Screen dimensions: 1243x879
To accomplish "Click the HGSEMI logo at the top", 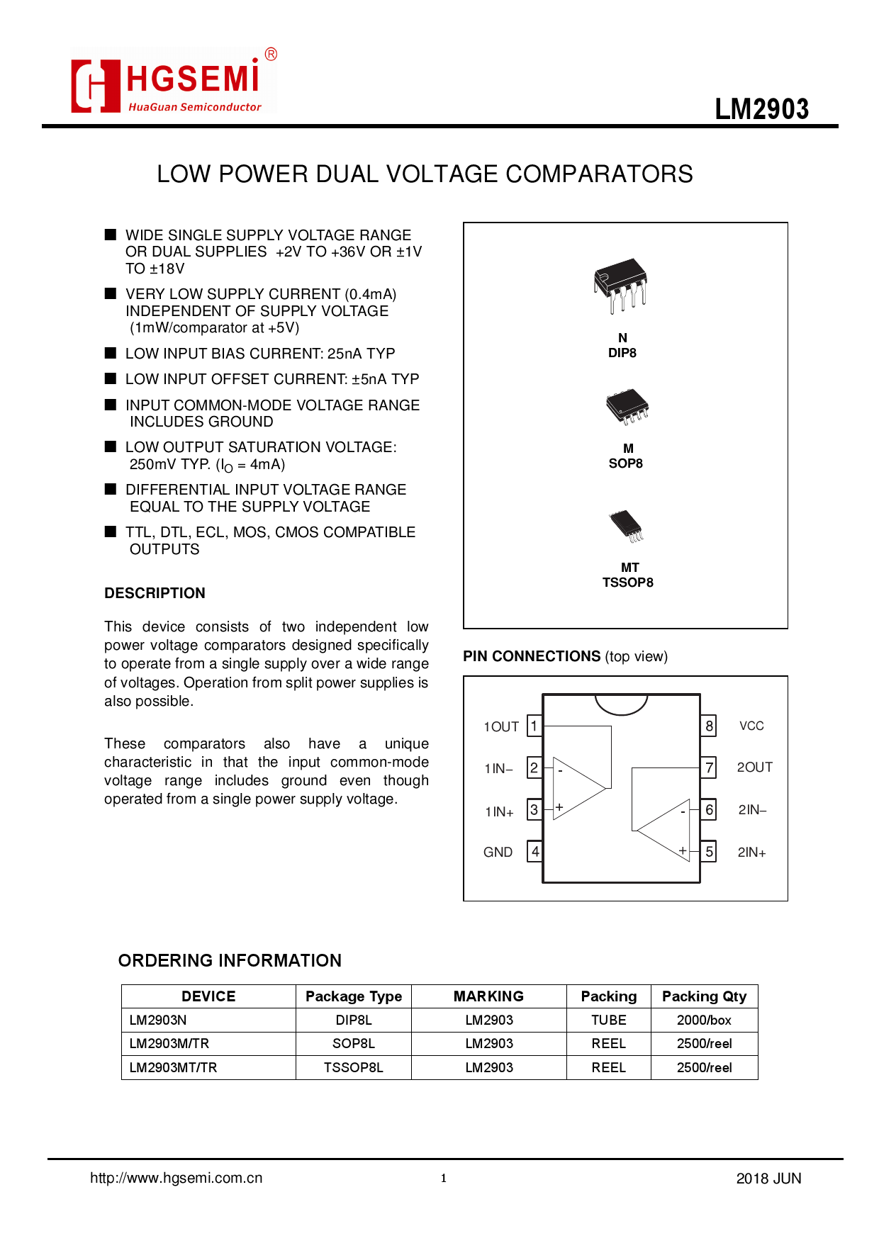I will pos(172,81).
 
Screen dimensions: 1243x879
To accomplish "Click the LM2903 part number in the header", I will pos(761,109).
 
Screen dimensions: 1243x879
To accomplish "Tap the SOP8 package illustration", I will pos(627,406).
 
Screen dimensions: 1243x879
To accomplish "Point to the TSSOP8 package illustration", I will pos(626,526).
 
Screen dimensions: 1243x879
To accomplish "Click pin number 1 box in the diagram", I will pos(534,726).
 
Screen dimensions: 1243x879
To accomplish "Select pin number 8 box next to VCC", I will pos(708,726).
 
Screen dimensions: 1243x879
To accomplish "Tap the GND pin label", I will pos(498,852).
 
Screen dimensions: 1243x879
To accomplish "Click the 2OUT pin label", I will pos(754,767).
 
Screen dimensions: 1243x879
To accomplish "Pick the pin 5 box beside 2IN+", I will pos(708,852).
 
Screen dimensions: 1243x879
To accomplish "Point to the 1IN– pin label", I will pos(498,769).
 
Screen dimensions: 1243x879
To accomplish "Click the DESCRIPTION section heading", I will pos(155,593).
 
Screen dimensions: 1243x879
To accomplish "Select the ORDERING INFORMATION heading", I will pos(230,960).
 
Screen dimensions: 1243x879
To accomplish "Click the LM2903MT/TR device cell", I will pos(174,1067).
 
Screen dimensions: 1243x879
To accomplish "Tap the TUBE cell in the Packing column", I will pos(608,1020).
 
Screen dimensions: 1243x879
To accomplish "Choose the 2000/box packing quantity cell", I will pos(704,1020).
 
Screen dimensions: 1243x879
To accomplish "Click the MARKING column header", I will pos(488,996).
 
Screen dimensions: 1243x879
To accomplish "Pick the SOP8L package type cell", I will pos(353,1043).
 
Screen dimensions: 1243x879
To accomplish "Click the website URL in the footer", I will pos(177,1178).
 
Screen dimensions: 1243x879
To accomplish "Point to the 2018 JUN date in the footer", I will pos(768,1179).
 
